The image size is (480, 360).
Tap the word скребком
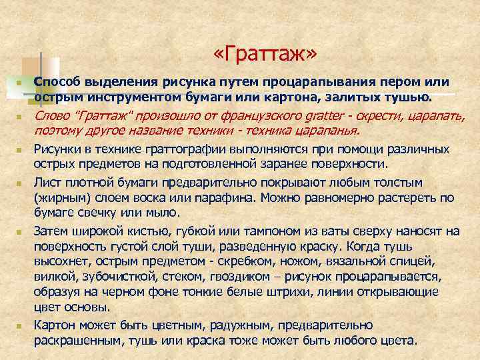pos(249,261)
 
